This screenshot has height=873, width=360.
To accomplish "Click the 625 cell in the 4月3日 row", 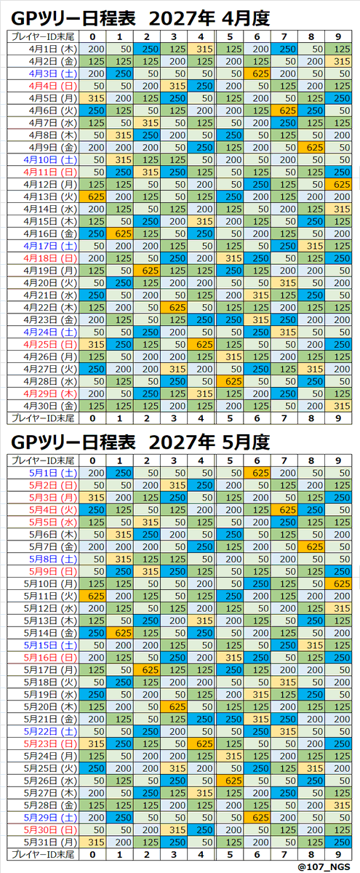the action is pos(257,73).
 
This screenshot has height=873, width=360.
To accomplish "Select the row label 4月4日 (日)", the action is pos(50,86).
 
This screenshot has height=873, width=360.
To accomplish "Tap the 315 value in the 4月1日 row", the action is pos(201,49).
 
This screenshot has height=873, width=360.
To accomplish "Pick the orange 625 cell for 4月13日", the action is pos(93,197).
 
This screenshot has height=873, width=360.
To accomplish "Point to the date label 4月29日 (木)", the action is pos(50,394).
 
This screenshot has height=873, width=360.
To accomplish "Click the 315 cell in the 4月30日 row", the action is pos(338,406).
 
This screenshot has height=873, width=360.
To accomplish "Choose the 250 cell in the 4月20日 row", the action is pos(120,283).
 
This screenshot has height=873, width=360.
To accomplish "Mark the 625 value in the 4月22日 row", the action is pos(174,308).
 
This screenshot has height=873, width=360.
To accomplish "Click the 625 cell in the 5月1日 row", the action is pos(257,473).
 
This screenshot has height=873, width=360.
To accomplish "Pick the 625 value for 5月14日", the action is pos(120,633).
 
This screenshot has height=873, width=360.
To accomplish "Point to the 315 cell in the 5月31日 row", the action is pos(93,842).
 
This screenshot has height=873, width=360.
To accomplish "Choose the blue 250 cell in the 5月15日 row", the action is pos(284,645).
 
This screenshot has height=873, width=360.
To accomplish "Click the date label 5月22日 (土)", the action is pos(50,732).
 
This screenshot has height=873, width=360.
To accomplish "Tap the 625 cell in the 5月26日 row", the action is pos(230,781).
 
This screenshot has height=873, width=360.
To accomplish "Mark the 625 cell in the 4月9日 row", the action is pos(311,148).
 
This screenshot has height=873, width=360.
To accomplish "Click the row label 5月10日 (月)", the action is pos(50,583).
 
